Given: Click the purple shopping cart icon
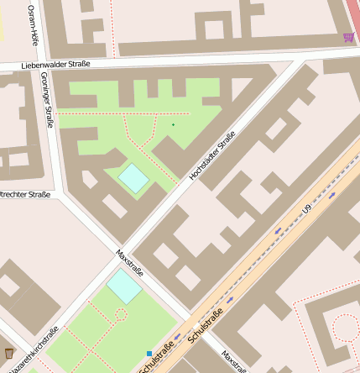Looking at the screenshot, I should click(348, 37).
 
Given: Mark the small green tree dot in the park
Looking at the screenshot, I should click(173, 125).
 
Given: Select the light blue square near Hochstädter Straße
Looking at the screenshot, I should click(133, 177).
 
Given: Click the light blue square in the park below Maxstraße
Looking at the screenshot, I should click(124, 286).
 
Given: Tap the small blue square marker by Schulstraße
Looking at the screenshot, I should click(149, 354).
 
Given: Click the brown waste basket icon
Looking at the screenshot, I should click(9, 352).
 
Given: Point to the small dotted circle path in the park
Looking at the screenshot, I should click(120, 315).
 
